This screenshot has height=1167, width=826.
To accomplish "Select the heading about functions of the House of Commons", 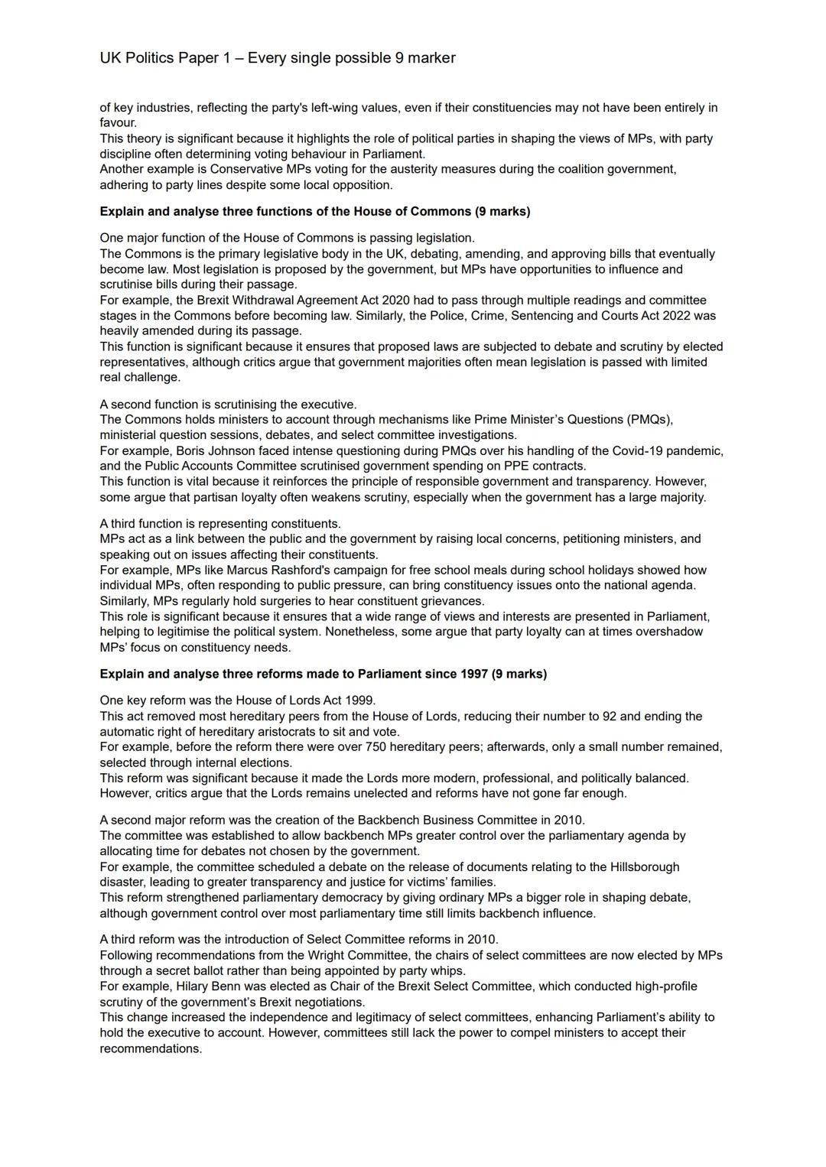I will coord(314,211).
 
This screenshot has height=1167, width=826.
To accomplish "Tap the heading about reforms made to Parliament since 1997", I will coord(323,674).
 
